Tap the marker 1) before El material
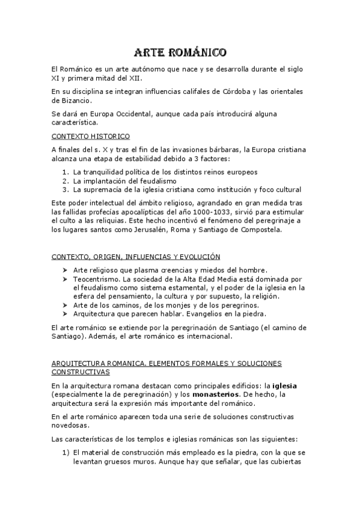[x=66, y=452]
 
